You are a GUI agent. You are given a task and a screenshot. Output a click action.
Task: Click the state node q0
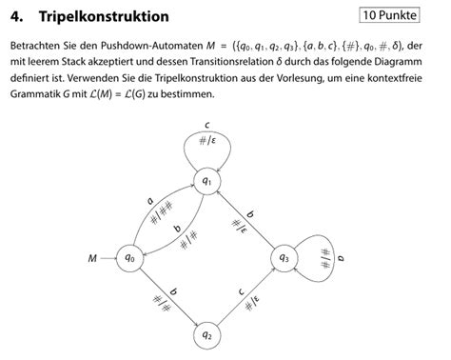pos(129,257)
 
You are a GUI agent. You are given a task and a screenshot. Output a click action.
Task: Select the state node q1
pos(206,179)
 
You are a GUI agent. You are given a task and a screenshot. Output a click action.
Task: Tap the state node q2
pos(206,333)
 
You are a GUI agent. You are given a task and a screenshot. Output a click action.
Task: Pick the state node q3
pos(283,257)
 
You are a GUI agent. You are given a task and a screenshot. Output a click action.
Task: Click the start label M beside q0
pos(93,257)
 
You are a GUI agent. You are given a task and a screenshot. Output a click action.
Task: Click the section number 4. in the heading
pos(17,17)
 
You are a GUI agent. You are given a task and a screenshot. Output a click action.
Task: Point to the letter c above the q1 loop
pos(206,127)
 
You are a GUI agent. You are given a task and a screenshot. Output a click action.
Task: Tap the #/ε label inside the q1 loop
pos(206,144)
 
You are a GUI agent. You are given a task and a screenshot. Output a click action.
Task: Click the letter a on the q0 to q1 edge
pos(149,200)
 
